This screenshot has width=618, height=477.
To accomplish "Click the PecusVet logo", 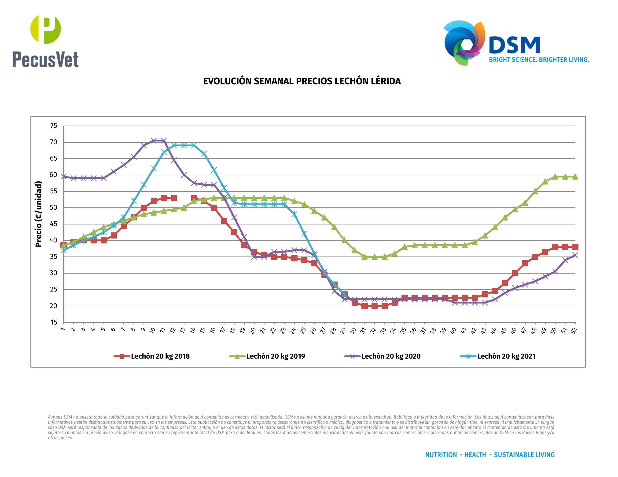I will coord(45,41).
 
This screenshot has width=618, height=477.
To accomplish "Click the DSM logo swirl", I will coord(464,42).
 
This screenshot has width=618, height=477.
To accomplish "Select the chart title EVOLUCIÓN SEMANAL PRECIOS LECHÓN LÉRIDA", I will coord(302,81).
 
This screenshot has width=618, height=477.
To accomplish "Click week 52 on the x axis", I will coord(574,330).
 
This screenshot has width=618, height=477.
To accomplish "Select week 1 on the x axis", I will coord(63,329).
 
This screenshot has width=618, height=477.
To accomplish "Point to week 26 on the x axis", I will coord(313,330).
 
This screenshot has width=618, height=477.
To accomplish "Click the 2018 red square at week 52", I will coord(575,247).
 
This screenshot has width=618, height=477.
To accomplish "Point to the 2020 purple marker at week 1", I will coord(64,177).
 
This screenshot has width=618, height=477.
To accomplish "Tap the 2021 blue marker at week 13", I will coord(184,145).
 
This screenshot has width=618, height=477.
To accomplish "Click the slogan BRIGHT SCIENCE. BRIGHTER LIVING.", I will coord(539,60).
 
